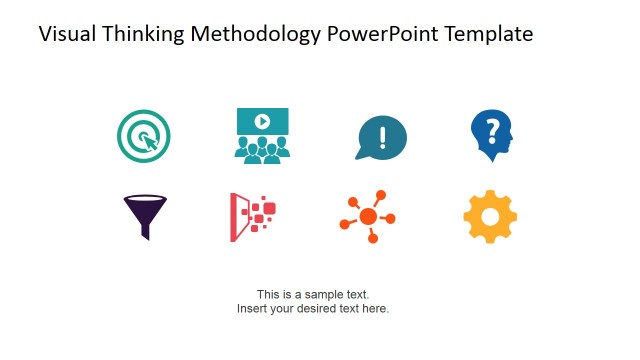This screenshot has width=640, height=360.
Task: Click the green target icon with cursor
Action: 144,135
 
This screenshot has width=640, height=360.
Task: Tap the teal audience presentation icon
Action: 261,135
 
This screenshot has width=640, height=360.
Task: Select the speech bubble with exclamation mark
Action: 381,137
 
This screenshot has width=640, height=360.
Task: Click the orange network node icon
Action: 368,216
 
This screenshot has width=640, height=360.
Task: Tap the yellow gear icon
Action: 490,216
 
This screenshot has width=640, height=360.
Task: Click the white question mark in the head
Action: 491,129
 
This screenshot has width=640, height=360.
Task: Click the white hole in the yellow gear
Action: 490,216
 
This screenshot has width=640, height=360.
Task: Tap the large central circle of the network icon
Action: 368,217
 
